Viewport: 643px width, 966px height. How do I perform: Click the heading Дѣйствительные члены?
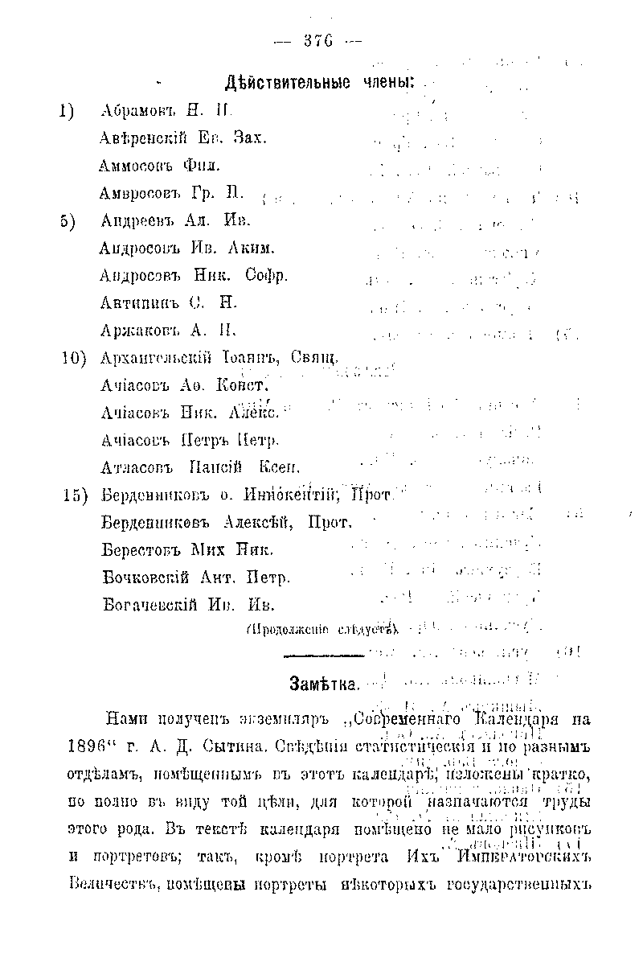[x=320, y=83]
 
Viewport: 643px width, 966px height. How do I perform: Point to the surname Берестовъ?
[x=140, y=550]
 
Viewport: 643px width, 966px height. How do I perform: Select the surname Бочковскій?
[x=145, y=578]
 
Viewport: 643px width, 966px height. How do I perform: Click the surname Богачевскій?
[x=149, y=605]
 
